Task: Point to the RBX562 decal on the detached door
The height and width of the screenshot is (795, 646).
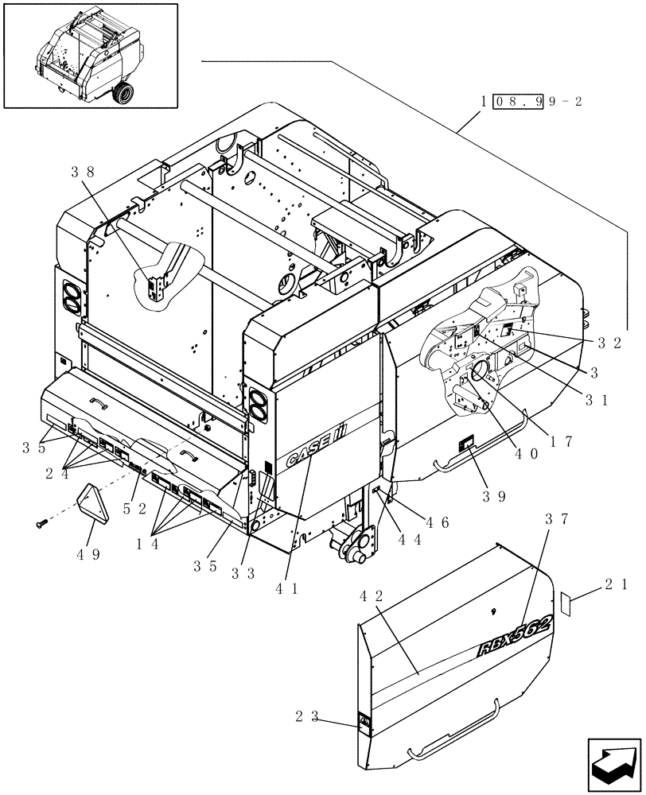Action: [x=515, y=635]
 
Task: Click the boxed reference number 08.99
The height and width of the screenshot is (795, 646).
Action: [x=517, y=103]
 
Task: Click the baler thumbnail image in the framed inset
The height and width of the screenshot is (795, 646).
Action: [x=90, y=55]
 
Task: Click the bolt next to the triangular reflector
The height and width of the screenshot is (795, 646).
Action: [x=42, y=523]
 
